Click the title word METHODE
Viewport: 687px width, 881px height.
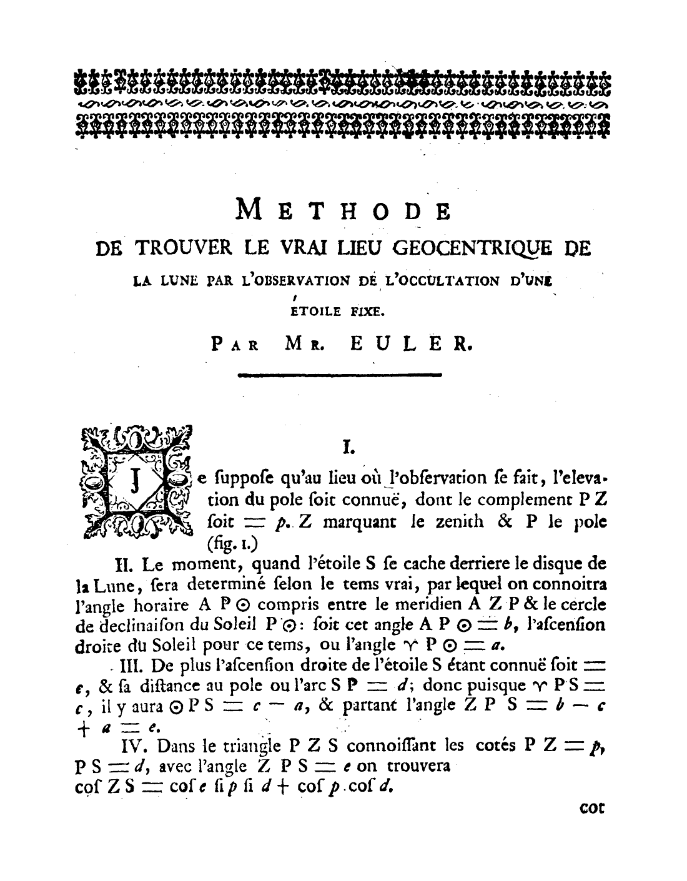(x=342, y=210)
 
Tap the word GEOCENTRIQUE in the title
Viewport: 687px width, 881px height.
(x=473, y=250)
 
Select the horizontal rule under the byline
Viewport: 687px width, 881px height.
(x=339, y=375)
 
